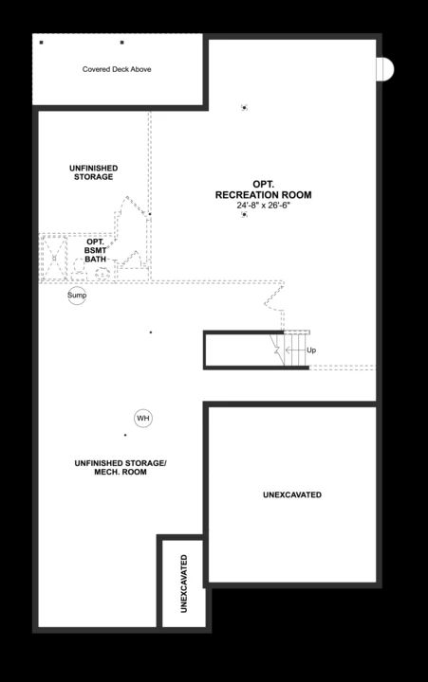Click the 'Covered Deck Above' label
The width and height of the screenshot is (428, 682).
point(117,69)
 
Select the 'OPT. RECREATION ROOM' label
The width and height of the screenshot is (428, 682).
point(263,189)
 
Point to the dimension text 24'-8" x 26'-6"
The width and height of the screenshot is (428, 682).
point(263,206)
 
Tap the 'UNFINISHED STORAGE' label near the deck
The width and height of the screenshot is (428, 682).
point(92,172)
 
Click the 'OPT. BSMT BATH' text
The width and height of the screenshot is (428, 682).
point(95,250)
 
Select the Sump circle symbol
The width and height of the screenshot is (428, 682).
point(77,296)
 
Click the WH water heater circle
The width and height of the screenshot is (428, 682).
point(143,418)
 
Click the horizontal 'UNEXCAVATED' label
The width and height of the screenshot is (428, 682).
point(291,494)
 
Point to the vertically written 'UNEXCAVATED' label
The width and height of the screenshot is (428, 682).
point(183,583)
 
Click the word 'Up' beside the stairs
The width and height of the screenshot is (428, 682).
point(311,350)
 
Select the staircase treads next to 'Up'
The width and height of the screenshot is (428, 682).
point(294,349)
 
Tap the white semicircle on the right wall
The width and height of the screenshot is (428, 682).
point(385,69)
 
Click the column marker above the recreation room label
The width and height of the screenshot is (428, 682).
point(244,107)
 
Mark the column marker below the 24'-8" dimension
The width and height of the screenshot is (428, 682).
point(244,215)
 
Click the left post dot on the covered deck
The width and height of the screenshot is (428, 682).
point(42,42)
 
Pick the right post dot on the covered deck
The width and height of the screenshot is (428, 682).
point(121,42)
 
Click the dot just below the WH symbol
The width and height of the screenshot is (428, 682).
point(125,436)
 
